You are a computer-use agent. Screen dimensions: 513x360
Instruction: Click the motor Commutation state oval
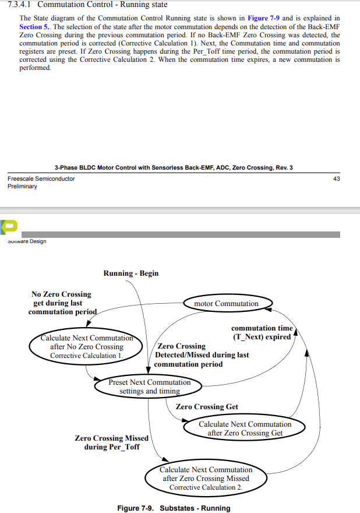227,304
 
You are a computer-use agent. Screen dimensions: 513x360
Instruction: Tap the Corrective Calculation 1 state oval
86,346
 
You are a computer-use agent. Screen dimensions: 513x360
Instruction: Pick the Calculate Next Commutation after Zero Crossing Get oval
245,428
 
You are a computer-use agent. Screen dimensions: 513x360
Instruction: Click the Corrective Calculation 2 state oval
206,478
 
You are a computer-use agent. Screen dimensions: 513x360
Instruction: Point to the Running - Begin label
131,273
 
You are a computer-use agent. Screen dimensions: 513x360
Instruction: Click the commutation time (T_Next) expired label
262,333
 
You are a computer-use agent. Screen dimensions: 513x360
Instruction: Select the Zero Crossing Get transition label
207,407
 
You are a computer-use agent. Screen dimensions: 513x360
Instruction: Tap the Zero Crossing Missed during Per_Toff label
112,442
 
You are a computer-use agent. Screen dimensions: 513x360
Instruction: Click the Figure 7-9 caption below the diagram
174,508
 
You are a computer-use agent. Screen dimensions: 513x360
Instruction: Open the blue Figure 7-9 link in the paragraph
265,19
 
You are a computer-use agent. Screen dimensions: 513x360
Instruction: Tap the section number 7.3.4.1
21,5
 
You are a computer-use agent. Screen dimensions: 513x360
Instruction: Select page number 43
336,178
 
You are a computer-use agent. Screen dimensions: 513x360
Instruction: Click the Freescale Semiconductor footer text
41,178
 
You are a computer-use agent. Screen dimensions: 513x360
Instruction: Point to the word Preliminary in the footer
22,187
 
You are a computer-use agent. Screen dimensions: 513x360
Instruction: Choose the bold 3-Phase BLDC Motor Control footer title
174,168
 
